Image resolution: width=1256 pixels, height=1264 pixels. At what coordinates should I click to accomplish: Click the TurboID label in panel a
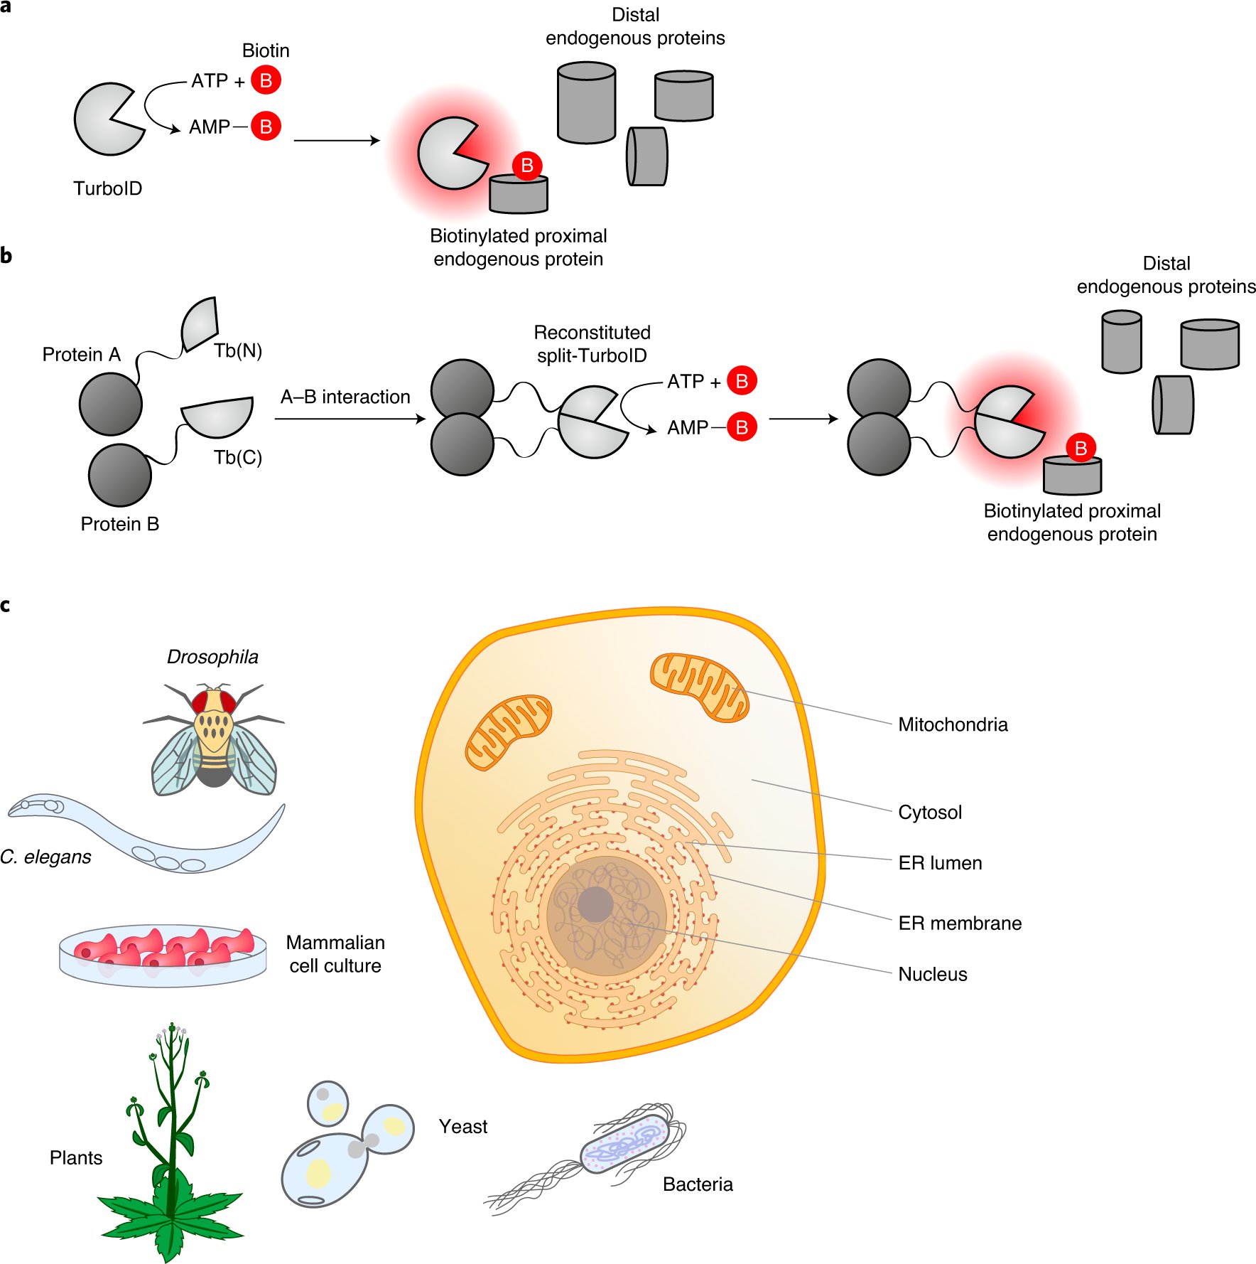(108, 188)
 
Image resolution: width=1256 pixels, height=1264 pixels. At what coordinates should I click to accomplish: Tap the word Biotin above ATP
(266, 50)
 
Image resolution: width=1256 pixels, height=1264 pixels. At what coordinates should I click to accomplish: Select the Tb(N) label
(238, 350)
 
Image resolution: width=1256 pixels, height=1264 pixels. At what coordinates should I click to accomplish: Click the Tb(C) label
(238, 457)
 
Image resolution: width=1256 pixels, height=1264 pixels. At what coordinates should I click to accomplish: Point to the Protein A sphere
(111, 404)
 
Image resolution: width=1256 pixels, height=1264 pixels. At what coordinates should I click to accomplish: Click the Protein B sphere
(120, 475)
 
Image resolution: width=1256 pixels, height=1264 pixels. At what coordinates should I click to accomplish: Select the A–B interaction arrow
(350, 419)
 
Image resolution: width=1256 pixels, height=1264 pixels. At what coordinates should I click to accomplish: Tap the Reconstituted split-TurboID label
(592, 344)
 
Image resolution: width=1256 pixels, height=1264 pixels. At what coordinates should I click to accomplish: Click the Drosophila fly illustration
(214, 739)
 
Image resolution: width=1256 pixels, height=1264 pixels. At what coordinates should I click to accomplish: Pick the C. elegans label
(46, 857)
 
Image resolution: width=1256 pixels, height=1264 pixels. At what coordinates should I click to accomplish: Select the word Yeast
(463, 1127)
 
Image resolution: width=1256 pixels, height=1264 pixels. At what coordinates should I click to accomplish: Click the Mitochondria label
(953, 724)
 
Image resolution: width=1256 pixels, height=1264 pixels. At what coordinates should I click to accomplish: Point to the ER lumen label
(940, 863)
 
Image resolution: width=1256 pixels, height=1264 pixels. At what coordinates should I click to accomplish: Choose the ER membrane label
(960, 923)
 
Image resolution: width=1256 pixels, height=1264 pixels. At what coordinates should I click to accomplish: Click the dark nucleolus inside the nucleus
(595, 904)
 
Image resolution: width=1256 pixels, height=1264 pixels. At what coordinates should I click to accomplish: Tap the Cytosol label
(930, 813)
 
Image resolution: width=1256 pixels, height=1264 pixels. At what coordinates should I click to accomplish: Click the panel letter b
(6, 256)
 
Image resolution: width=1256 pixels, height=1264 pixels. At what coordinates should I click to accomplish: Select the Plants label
(76, 1158)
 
